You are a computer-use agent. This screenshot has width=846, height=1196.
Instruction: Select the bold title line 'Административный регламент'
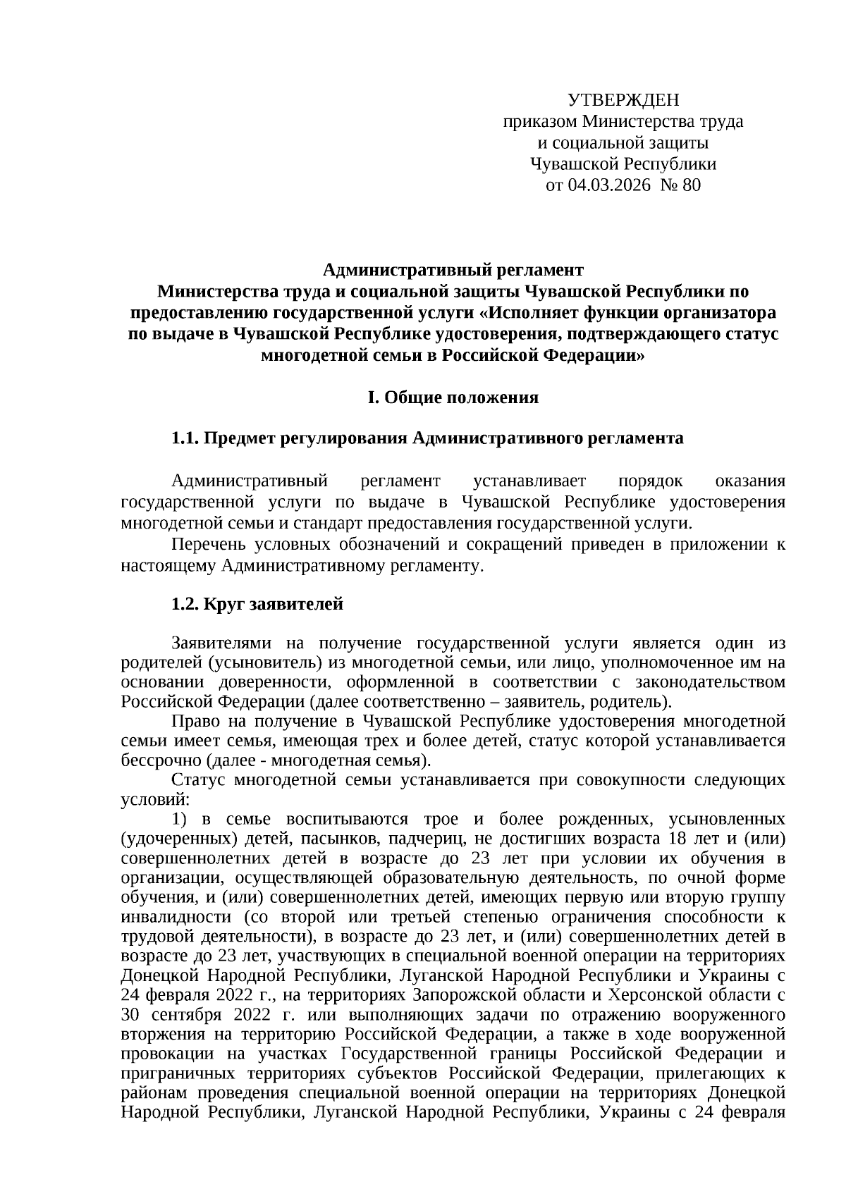tap(453, 270)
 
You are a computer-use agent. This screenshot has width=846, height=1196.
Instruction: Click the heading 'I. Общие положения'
tap(453, 397)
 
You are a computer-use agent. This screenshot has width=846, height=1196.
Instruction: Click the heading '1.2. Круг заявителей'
tap(257, 604)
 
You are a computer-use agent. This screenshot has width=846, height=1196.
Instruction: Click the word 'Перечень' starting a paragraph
tap(206, 545)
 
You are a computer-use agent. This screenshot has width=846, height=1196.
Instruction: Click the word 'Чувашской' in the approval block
tap(565, 165)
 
